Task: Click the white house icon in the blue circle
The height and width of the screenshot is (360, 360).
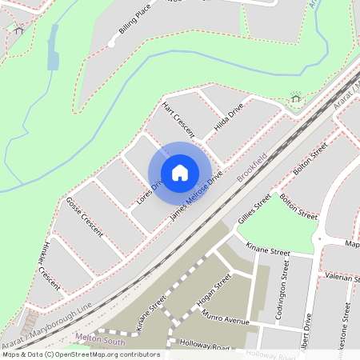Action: [x=180, y=173]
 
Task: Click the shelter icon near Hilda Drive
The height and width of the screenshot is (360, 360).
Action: [x=295, y=98]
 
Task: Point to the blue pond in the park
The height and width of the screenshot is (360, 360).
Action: [x=53, y=47]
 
